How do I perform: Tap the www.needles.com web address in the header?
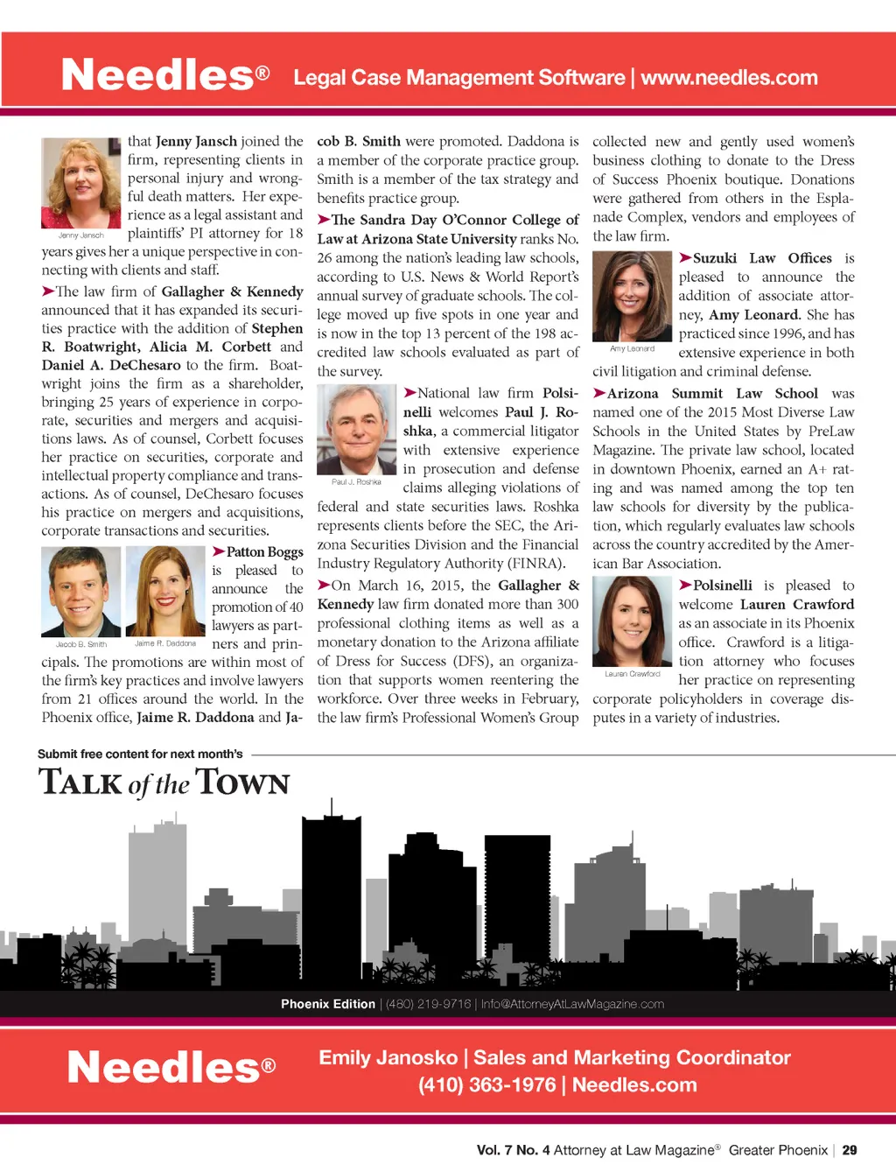729,78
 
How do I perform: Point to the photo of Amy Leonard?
632,296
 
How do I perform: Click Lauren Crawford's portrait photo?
632,622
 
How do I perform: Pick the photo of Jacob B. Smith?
80,592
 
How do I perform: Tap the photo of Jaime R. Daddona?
165,592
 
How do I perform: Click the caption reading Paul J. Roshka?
356,482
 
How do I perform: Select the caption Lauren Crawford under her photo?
632,674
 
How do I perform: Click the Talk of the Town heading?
164,783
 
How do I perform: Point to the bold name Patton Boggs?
264,552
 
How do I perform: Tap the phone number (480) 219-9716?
428,1004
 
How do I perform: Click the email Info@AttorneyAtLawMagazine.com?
571,1004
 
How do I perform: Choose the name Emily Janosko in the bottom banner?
388,1057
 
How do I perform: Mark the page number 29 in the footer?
850,1150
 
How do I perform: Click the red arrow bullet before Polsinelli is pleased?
685,585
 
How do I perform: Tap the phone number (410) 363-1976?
486,1085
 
